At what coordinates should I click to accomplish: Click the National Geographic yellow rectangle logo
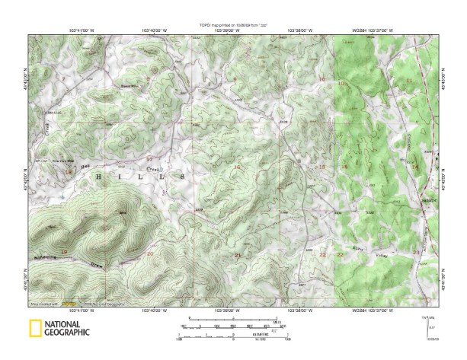pyautogui.click(x=35, y=329)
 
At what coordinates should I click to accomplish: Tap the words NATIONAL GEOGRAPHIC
pyautogui.click(x=66, y=329)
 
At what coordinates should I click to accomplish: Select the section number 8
pyautogui.click(x=235, y=78)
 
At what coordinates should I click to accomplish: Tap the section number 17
pyautogui.click(x=149, y=159)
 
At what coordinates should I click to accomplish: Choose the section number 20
pyautogui.click(x=149, y=253)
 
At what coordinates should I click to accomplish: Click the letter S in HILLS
pyautogui.click(x=183, y=176)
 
